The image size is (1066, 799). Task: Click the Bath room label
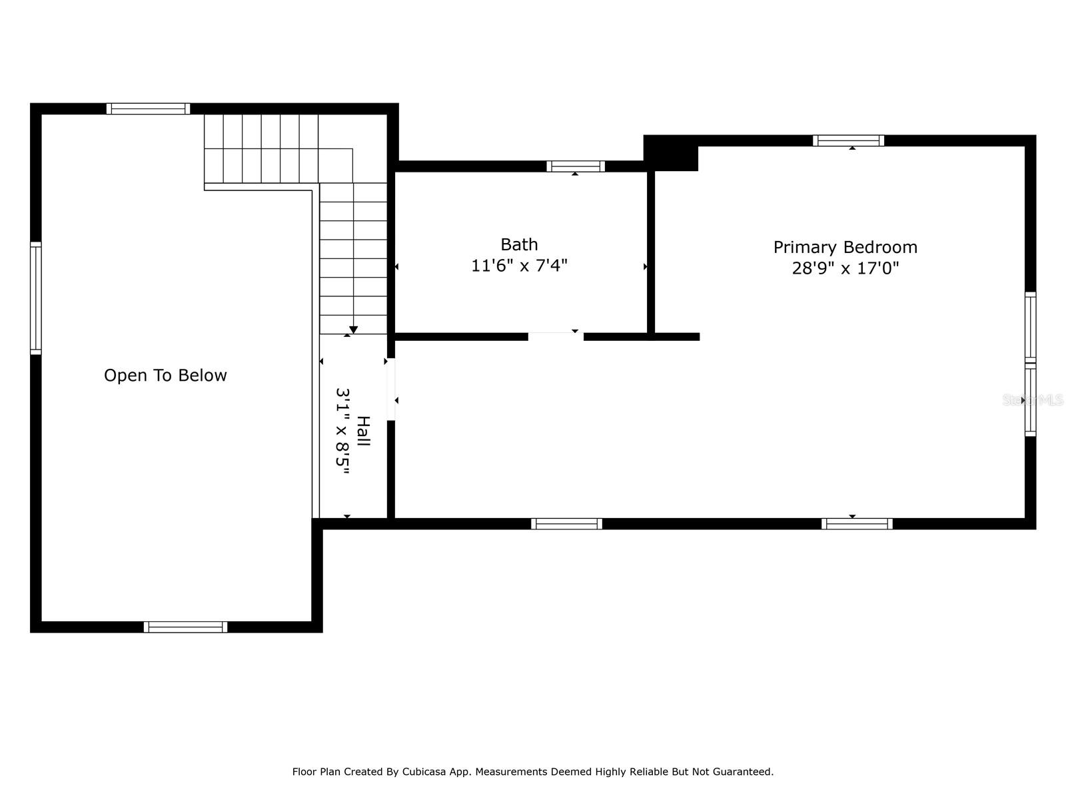(x=518, y=244)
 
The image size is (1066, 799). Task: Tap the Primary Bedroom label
(x=845, y=248)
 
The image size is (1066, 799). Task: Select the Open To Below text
(x=165, y=375)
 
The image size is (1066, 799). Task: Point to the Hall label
(x=363, y=431)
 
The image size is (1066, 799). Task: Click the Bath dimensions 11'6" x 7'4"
(x=518, y=266)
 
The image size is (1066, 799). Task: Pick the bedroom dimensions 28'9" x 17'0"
(x=845, y=268)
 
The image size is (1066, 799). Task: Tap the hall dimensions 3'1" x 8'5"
(x=343, y=431)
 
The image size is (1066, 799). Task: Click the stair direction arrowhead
(x=353, y=330)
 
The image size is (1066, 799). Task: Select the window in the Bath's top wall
(x=576, y=166)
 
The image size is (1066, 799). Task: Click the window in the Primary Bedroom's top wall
(x=848, y=140)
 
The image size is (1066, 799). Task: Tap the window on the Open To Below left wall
(x=36, y=298)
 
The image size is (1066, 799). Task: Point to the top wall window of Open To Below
(x=148, y=109)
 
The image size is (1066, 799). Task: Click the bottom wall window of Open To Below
(x=185, y=627)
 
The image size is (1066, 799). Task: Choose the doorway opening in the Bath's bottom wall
(x=556, y=337)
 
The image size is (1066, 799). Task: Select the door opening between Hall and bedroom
(x=390, y=389)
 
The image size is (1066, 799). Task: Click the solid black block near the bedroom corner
(x=671, y=153)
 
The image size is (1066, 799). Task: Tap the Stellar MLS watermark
(x=1032, y=400)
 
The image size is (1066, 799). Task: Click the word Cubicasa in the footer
(x=424, y=771)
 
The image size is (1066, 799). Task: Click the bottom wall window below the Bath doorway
(x=566, y=524)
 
